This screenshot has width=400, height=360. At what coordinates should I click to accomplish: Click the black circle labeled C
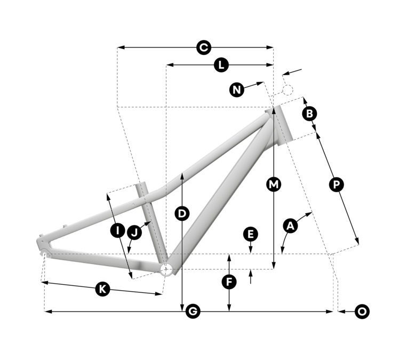click(x=204, y=47)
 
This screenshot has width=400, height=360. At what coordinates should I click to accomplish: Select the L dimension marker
click(x=221, y=65)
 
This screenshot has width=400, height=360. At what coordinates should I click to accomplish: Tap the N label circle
click(x=237, y=90)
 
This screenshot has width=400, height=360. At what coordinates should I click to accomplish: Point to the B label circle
click(x=309, y=114)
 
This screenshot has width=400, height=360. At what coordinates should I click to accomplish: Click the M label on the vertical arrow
click(x=274, y=184)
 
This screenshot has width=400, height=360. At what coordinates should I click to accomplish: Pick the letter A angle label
click(x=291, y=226)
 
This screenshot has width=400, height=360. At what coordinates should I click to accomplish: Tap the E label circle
click(x=251, y=234)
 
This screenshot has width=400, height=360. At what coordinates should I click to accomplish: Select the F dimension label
click(x=229, y=282)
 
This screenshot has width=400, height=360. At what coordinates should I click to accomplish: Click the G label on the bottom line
click(x=193, y=311)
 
